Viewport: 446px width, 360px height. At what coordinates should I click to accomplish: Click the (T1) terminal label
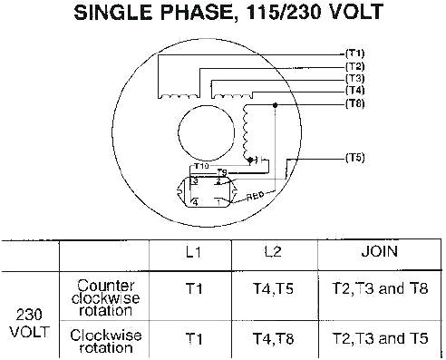354,54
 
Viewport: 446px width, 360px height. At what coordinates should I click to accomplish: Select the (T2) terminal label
354,67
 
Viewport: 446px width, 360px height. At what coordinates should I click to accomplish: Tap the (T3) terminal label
354,79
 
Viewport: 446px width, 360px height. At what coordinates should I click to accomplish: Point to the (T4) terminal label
354,91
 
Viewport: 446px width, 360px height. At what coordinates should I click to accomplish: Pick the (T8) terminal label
354,103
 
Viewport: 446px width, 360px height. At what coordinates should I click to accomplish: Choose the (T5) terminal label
354,158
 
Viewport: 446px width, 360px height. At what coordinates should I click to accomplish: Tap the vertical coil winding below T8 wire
246,131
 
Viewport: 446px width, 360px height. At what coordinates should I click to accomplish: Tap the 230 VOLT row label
29,322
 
